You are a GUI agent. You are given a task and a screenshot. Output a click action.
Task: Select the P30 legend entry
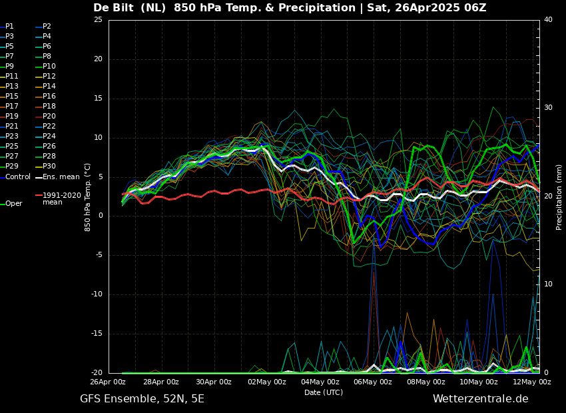click(x=49, y=167)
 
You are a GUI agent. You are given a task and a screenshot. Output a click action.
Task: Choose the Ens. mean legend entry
click(x=61, y=177)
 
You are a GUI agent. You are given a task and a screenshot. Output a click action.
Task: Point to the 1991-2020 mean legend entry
click(x=61, y=199)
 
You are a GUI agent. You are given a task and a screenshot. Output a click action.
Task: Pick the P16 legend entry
click(x=49, y=97)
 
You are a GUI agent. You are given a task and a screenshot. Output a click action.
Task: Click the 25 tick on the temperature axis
click(x=98, y=20)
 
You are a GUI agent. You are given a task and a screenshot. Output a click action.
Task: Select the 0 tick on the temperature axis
click(x=100, y=216)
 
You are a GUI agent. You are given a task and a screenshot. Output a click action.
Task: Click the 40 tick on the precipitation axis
click(x=548, y=20)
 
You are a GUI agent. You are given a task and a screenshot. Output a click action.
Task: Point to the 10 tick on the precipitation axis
click(x=548, y=284)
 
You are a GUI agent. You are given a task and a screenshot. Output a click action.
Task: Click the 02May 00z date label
click(x=266, y=382)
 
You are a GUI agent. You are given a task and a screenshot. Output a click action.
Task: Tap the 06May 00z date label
click(x=372, y=382)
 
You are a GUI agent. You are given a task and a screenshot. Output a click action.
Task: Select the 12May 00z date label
click(x=531, y=382)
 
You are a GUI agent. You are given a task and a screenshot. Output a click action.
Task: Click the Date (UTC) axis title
click(x=324, y=393)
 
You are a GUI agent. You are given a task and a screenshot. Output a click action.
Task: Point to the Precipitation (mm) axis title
click(x=559, y=197)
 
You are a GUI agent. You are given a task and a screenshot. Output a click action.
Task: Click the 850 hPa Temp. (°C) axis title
click(x=88, y=197)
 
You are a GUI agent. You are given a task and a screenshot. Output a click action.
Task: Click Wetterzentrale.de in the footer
click(x=480, y=399)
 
